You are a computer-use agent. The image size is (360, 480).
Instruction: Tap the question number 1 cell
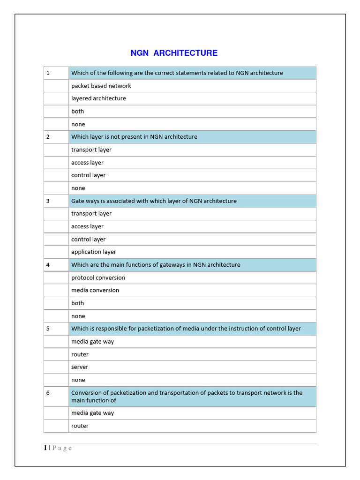point(48,73)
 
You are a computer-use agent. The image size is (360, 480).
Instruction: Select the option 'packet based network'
point(101,86)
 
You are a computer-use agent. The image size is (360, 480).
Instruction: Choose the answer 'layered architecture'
point(98,98)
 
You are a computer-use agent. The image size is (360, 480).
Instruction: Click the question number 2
point(48,137)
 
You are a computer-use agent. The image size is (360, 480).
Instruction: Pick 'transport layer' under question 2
point(91,150)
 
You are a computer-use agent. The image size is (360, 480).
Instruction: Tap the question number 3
point(48,201)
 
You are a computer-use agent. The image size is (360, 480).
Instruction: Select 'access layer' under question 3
point(87,226)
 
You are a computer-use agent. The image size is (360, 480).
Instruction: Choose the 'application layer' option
point(94,252)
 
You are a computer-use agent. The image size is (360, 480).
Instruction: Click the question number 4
point(48,265)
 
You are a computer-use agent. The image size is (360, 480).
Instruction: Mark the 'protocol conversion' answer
point(98,277)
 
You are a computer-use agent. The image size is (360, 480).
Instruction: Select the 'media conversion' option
point(95,290)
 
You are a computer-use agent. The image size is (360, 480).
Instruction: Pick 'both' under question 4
point(77,303)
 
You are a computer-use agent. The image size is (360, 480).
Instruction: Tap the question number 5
point(48,329)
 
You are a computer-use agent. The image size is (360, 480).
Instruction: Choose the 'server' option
point(80,367)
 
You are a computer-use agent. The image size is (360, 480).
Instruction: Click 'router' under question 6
point(80,426)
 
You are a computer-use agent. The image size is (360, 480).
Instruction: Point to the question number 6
point(48,393)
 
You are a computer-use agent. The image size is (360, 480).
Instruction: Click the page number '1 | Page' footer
point(58,448)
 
